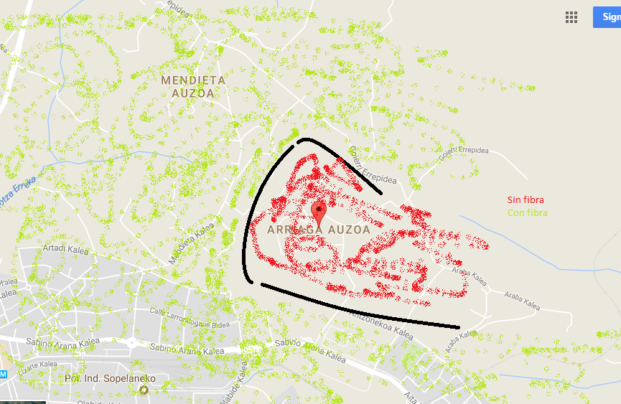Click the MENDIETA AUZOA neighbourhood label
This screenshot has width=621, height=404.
tap(193, 86)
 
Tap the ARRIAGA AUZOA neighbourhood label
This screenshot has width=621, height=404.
tap(319, 230)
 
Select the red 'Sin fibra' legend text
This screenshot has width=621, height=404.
tap(526, 200)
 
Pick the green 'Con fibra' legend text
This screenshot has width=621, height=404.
tap(527, 213)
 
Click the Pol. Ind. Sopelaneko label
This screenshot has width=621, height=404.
tap(110, 378)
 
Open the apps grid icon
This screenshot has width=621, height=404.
tap(571, 17)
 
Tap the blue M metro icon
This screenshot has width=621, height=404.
tap(3, 375)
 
